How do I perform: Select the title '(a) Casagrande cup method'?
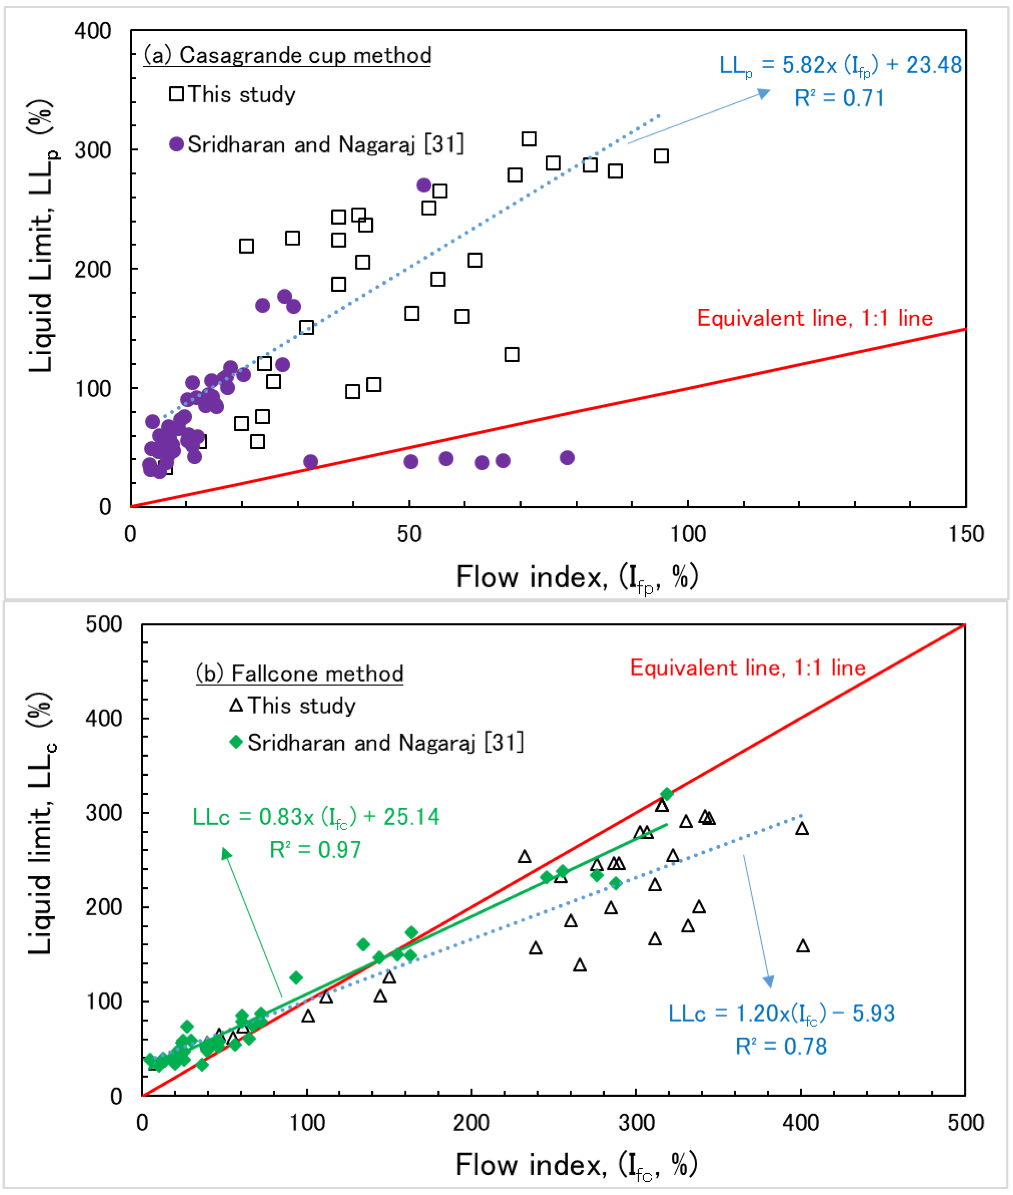[287, 56]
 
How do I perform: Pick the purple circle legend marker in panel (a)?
[176, 144]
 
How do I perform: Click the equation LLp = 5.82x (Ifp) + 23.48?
[840, 66]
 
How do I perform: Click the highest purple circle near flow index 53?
[424, 185]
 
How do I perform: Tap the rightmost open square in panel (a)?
[661, 156]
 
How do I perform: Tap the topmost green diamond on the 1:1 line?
[666, 794]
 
